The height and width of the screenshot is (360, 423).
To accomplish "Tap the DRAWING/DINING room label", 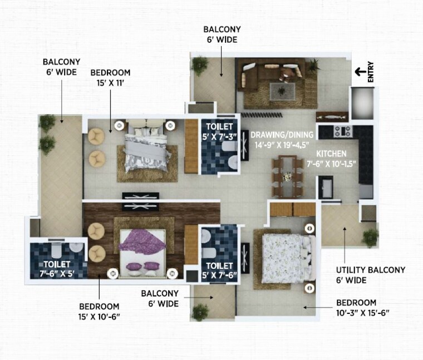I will (x=282, y=139).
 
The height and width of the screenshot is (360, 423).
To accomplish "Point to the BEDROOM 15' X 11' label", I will (x=110, y=78).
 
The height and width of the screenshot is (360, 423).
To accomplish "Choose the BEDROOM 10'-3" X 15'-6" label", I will (x=362, y=308).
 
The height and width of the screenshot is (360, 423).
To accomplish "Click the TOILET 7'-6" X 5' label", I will (x=56, y=269).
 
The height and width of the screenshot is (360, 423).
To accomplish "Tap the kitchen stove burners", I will (x=342, y=131).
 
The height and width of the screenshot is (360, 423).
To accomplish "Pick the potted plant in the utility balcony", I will (x=370, y=238).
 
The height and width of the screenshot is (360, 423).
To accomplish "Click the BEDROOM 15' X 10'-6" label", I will (x=100, y=311).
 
